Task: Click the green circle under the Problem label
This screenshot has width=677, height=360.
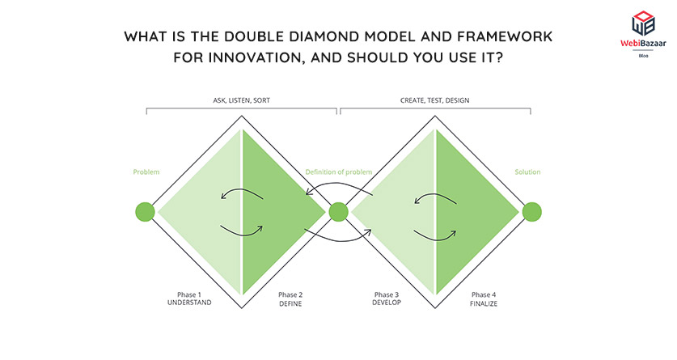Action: [145, 213]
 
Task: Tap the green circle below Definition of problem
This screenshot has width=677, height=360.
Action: [339, 213]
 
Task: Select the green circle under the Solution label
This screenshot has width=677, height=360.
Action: [531, 213]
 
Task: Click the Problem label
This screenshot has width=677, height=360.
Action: [146, 172]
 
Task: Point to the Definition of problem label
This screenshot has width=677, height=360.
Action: [338, 172]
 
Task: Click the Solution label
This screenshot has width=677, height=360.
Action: [527, 172]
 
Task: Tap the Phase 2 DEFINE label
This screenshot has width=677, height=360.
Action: [290, 299]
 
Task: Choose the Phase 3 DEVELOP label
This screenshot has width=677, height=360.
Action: [387, 299]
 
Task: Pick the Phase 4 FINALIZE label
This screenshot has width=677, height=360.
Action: [483, 299]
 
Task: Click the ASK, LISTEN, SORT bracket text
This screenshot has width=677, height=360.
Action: [241, 100]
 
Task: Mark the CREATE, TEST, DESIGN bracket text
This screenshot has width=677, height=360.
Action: [434, 100]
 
